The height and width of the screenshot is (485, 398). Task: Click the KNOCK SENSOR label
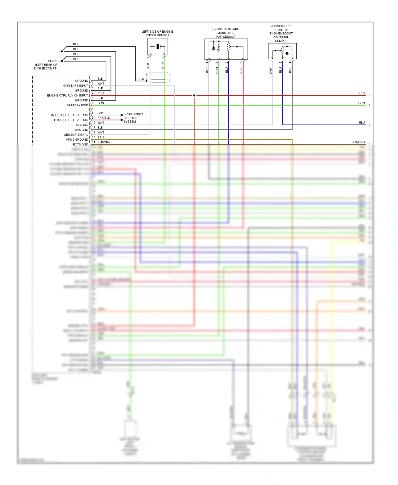(157, 35)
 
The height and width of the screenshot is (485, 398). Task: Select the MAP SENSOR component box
(226, 49)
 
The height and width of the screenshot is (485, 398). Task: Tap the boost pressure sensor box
(282, 51)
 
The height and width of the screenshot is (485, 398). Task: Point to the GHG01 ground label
(53, 61)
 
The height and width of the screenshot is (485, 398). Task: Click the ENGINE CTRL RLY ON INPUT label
(67, 96)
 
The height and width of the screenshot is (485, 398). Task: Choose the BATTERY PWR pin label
(77, 105)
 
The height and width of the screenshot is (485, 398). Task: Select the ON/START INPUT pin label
(76, 86)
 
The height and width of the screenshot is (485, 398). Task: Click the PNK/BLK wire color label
(103, 118)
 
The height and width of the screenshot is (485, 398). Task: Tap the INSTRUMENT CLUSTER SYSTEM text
(133, 118)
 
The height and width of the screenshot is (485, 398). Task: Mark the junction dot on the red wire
(194, 96)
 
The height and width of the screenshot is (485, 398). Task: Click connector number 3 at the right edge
(369, 125)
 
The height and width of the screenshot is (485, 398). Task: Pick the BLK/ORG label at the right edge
(358, 142)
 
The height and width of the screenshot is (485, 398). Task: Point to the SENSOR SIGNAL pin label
(76, 135)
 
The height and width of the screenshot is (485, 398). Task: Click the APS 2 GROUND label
(77, 140)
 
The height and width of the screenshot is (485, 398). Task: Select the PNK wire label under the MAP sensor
(241, 70)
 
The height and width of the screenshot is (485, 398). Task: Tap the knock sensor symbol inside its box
(158, 47)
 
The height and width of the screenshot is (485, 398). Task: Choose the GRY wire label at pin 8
(101, 113)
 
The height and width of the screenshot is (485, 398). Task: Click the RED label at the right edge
(361, 93)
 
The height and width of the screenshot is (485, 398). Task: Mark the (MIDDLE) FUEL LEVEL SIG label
(70, 115)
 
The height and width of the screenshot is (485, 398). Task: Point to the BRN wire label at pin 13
(101, 137)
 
